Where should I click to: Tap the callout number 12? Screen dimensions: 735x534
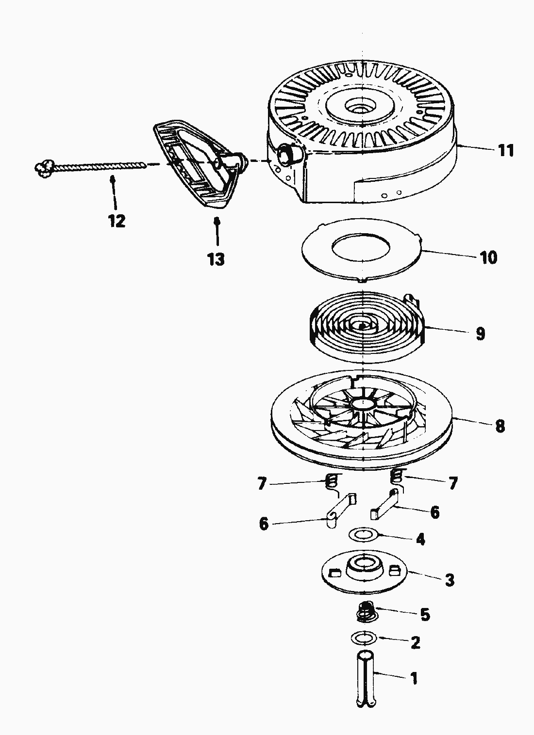pyautogui.click(x=117, y=221)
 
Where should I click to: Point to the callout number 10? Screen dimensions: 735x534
pyautogui.click(x=489, y=257)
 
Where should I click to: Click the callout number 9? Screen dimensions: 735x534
pyautogui.click(x=480, y=334)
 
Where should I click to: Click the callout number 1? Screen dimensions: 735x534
pyautogui.click(x=414, y=678)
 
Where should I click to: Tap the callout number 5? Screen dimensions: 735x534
pyautogui.click(x=425, y=615)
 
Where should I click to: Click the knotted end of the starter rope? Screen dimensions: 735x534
pyautogui.click(x=43, y=168)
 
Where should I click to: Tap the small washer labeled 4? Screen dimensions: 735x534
pyautogui.click(x=363, y=535)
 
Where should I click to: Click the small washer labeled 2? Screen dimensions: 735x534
pyautogui.click(x=363, y=638)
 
